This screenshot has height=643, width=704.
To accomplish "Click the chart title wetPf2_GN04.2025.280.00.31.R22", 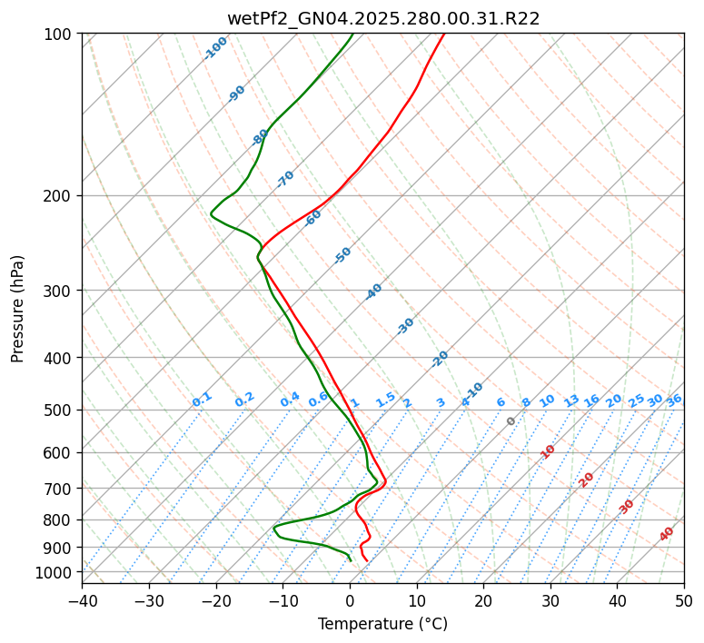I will coord(382,18).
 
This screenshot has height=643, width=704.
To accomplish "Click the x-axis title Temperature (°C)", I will coord(382,624).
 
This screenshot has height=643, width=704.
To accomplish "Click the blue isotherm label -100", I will coord(216,48).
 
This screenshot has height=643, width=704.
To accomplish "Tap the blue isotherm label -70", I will coord(285,179).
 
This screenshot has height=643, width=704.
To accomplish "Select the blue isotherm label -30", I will coord(405,326).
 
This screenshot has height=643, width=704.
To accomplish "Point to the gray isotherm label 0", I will coord(511,421).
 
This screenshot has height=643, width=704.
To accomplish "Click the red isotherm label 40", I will coord(667,534).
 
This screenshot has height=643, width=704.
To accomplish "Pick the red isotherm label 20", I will coord(587,480).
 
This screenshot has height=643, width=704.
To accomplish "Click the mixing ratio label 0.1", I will coord(202,400).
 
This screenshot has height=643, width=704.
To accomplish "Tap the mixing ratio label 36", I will coord(673,401).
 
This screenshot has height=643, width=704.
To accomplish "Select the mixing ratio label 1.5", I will coord(385,400).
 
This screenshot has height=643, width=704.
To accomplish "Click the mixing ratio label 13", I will coord(571,401).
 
